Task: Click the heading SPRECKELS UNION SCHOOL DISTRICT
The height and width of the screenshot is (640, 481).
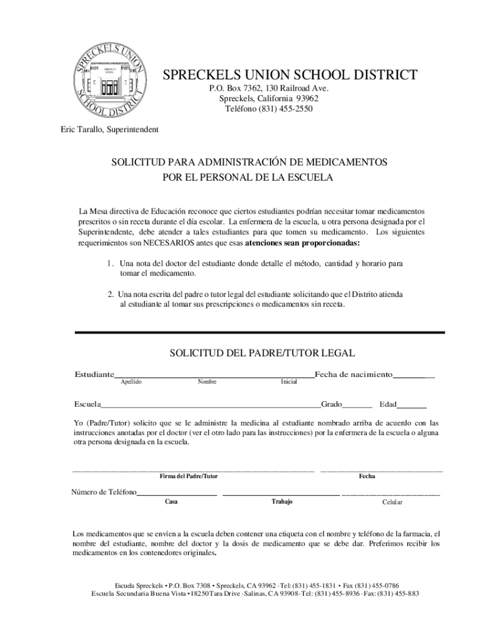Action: click(290, 76)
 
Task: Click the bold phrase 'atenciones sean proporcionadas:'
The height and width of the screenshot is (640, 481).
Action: click(302, 242)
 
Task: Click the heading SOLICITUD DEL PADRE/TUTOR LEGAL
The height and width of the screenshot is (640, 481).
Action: click(262, 353)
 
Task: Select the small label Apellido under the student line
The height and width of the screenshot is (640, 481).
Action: click(131, 382)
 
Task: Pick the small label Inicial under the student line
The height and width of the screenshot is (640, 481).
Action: click(289, 382)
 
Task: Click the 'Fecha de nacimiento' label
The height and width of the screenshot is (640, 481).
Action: click(354, 374)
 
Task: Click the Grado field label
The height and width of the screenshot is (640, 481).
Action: click(331, 404)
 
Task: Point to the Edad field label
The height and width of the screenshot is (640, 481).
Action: click(392, 404)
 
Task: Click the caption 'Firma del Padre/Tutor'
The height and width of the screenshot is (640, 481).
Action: click(189, 476)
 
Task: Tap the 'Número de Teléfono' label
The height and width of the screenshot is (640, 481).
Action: click(104, 492)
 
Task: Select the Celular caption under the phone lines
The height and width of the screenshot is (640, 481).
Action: click(392, 502)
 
